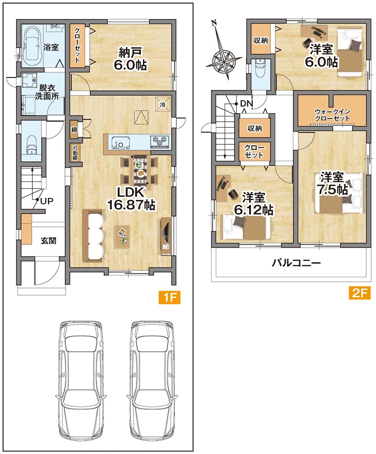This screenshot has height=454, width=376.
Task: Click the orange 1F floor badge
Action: coord(169,297)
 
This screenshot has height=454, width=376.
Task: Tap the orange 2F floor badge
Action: coord(360,293)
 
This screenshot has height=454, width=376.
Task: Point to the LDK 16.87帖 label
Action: coord(131,199)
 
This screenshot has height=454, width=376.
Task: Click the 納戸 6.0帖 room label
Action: coord(130,59)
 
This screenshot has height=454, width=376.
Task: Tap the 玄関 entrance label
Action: coord(48,240)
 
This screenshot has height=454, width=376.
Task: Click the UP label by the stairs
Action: coord(47,201)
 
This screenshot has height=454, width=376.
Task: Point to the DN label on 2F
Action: coord(247,103)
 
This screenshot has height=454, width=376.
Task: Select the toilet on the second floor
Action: coord(260,69)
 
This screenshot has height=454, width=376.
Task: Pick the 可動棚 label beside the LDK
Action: coord(75,153)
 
